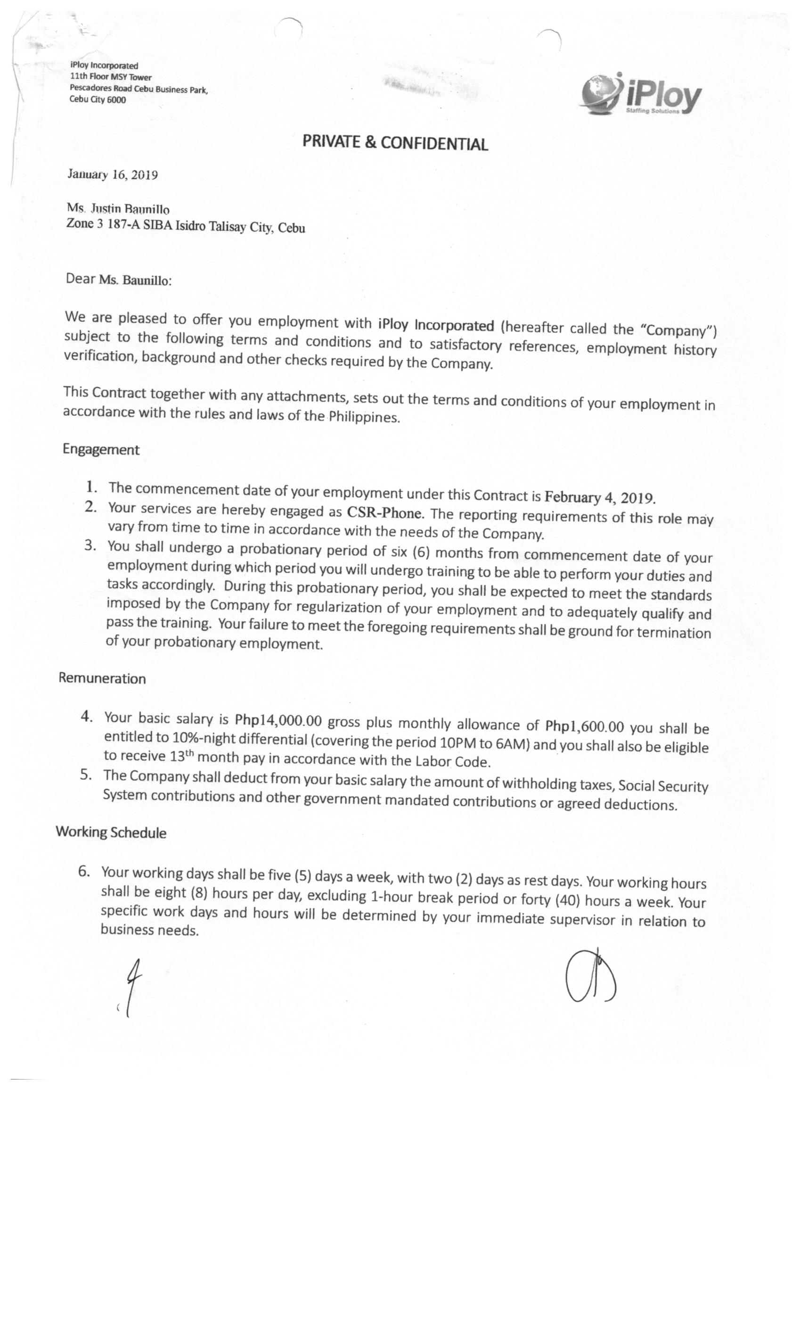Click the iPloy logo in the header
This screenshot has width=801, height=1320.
click(640, 94)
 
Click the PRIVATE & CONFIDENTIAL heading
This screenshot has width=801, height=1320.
click(395, 142)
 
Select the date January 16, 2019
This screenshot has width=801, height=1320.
click(113, 174)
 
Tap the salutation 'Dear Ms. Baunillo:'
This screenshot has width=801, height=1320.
click(118, 279)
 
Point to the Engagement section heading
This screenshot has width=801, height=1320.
click(101, 449)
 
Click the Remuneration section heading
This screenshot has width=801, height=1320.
click(102, 678)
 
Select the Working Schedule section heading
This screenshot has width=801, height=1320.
click(111, 832)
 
